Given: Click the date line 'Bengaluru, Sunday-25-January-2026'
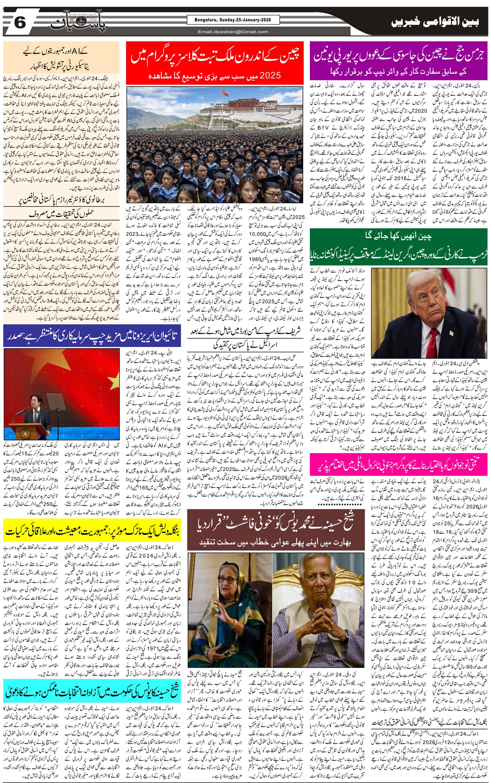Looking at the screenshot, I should click(x=233, y=20).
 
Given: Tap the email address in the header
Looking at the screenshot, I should click(x=233, y=31).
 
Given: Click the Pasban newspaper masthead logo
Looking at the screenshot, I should click(x=78, y=23).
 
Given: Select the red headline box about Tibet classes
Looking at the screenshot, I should click(x=215, y=63).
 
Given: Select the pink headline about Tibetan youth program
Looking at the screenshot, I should click(x=399, y=466).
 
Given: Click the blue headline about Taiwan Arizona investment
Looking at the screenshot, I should click(x=92, y=336).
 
